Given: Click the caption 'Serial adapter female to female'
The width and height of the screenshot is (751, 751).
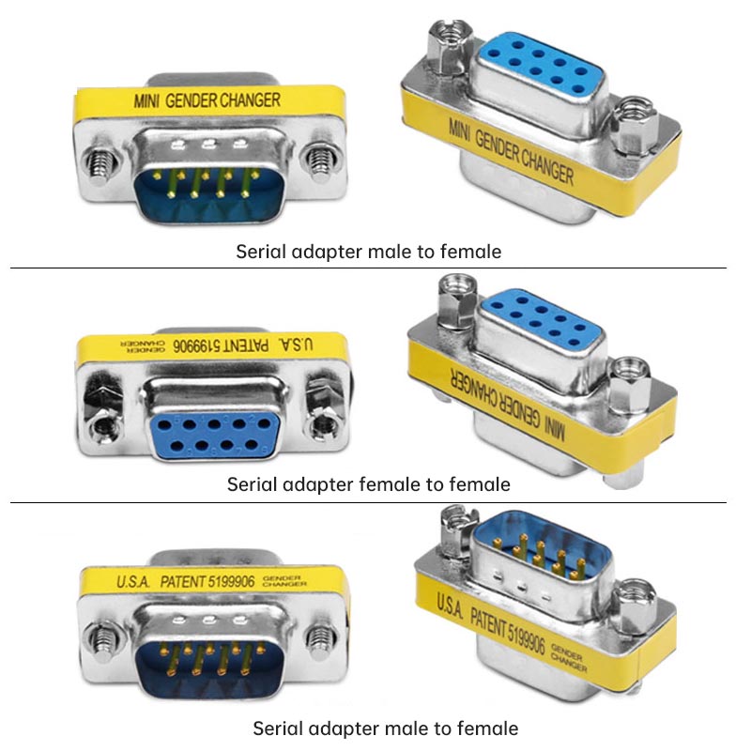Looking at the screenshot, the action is (x=368, y=484).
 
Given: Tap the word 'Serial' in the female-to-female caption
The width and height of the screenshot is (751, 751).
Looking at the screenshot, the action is (x=252, y=484).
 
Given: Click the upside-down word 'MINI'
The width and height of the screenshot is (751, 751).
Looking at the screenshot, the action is (x=555, y=428).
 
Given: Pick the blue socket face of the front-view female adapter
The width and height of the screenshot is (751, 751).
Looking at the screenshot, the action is (x=213, y=434).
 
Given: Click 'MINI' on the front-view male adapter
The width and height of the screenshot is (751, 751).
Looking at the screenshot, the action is (x=146, y=101).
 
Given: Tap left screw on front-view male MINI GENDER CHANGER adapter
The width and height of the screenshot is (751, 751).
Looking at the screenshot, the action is (x=101, y=161).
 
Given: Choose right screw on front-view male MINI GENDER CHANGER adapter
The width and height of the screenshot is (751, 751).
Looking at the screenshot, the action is (x=320, y=161).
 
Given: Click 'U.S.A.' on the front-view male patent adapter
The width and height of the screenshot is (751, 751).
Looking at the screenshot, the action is (x=133, y=582).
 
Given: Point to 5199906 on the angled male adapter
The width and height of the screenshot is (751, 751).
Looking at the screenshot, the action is (x=527, y=637).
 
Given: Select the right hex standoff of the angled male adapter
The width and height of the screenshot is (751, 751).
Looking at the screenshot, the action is (x=635, y=605).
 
